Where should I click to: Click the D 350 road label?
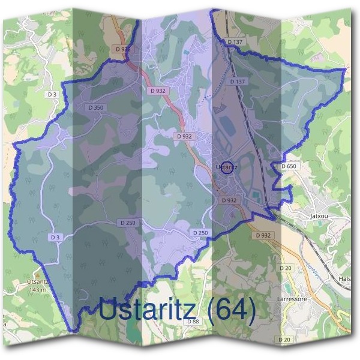[96, 107]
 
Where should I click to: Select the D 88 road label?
[193, 322]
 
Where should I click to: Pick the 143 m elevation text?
[38, 290]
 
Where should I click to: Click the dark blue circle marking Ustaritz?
[227, 167]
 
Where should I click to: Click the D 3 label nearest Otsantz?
[55, 238]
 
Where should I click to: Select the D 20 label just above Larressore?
[285, 268]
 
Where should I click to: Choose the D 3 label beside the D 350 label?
[53, 94]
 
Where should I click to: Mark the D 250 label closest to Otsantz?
[127, 223]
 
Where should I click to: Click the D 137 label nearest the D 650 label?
[238, 81]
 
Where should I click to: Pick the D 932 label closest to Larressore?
[263, 236]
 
